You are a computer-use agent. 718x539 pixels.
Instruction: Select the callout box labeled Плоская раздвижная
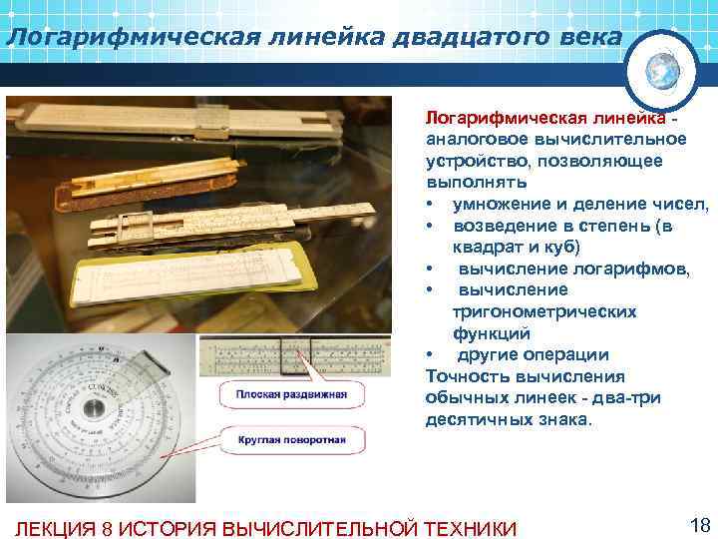tap(291, 394)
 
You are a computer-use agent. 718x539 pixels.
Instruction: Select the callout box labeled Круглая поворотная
tap(291, 439)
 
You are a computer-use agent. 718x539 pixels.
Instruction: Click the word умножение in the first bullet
tap(500, 205)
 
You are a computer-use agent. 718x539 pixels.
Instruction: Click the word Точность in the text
tap(465, 377)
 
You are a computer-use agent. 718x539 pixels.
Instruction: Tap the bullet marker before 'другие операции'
tap(430, 355)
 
